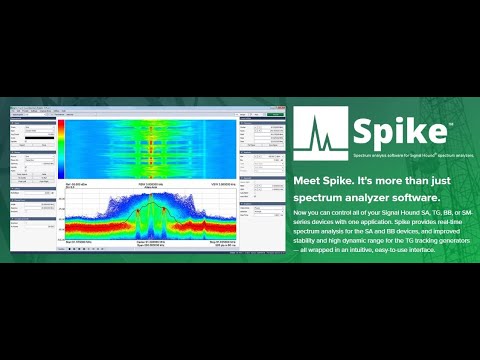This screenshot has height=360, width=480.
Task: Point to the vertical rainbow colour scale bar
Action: [x=60, y=150]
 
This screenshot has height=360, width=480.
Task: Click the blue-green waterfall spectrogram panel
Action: [x=150, y=150]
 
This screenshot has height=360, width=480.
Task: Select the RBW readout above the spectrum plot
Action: [x=150, y=185]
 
